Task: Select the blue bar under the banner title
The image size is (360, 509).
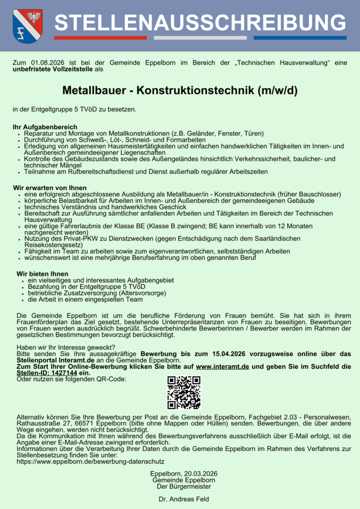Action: click(x=300, y=38)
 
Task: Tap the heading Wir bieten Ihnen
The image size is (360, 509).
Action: click(x=42, y=274)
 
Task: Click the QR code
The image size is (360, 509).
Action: click(x=183, y=393)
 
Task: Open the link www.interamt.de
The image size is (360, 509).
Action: click(x=223, y=366)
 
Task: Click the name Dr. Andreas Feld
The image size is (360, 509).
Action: click(x=183, y=499)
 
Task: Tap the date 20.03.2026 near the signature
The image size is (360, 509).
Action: click(x=200, y=474)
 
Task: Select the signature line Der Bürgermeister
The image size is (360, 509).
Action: click(x=183, y=487)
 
